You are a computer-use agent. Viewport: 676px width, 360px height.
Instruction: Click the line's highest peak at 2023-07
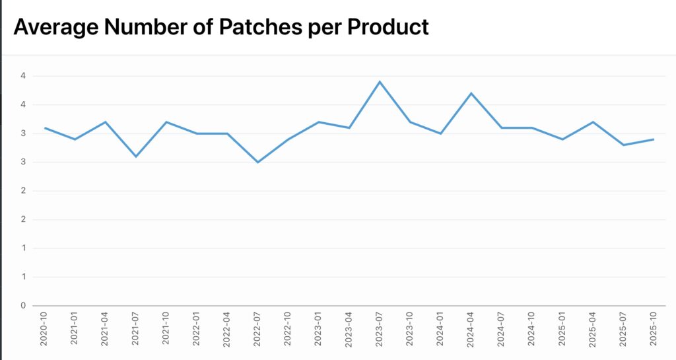tap(380, 82)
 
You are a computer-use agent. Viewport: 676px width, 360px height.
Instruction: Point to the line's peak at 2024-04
tap(471, 93)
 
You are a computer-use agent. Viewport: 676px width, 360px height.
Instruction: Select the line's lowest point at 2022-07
tap(257, 162)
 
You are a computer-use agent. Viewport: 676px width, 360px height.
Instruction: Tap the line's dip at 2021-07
tap(136, 157)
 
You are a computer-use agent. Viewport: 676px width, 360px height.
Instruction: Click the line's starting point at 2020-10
tap(45, 127)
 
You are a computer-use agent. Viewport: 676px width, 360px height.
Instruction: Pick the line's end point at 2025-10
tap(654, 139)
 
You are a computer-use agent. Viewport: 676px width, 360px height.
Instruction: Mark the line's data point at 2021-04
tap(106, 122)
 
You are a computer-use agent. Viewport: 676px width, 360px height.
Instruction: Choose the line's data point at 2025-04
tap(593, 122)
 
